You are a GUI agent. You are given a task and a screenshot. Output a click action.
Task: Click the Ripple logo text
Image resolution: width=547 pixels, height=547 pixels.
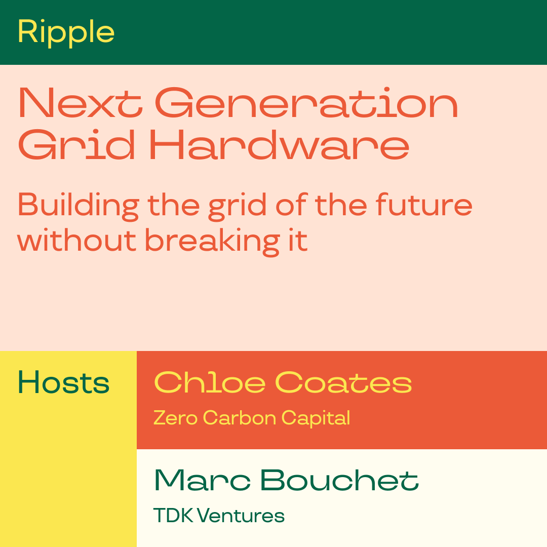(66, 32)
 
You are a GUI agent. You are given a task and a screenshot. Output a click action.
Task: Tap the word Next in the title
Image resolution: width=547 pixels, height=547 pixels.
(81, 102)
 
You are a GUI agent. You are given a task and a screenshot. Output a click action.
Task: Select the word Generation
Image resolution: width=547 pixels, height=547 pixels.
(306, 102)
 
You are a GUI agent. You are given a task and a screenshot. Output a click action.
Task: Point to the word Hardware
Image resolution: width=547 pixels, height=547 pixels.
(279, 145)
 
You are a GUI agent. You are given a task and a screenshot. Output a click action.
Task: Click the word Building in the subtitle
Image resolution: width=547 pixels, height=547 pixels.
(79, 206)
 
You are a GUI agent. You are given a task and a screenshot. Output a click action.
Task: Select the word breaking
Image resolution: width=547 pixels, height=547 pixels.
(212, 242)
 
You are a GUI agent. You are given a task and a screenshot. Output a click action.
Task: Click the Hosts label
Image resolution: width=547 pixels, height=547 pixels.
(63, 382)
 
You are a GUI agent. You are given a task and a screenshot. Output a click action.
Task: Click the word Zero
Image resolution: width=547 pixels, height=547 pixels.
(175, 417)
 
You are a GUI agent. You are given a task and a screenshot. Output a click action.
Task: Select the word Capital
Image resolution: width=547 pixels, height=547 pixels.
(316, 418)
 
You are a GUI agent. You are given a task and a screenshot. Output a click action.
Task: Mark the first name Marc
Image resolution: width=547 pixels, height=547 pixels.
(202, 480)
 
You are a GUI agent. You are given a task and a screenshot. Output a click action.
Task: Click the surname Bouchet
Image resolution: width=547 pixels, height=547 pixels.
(339, 480)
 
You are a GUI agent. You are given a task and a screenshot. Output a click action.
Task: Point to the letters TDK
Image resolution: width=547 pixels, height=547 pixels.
(173, 516)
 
